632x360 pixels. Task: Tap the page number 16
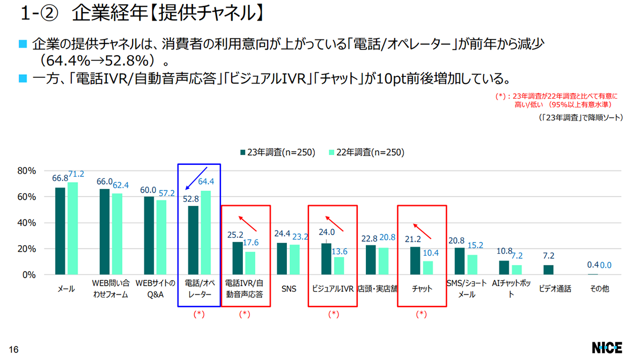14,349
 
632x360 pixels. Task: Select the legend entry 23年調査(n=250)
277,152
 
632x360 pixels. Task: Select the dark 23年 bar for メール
60,231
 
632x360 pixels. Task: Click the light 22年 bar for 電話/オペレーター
206,233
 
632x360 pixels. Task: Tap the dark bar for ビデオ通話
549,270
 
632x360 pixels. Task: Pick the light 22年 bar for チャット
428,268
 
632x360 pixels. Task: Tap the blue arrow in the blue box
196,178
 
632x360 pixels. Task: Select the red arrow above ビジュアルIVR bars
334,224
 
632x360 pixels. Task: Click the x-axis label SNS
288,289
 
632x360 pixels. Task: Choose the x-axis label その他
599,289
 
